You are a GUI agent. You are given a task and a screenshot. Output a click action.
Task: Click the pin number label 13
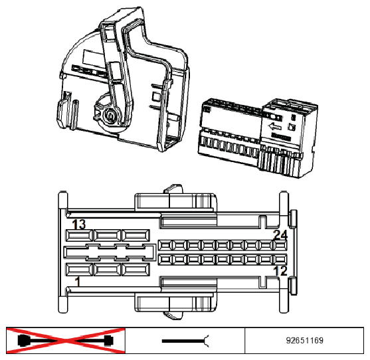click(79, 224)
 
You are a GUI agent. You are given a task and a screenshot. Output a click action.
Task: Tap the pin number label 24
click(280, 234)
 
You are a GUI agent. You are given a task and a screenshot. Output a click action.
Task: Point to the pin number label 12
click(280, 270)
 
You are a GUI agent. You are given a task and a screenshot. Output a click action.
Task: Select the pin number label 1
click(78, 282)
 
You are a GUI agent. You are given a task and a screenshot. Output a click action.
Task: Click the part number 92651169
click(304, 341)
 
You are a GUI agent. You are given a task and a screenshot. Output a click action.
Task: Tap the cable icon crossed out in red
click(66, 341)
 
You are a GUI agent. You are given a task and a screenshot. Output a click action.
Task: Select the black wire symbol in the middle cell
click(185, 341)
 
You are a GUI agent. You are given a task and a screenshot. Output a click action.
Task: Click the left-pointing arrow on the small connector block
click(274, 127)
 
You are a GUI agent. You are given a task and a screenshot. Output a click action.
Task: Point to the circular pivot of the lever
click(110, 116)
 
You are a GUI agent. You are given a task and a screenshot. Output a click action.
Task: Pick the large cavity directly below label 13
click(79, 235)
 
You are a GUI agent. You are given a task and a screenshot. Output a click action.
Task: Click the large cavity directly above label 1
click(79, 270)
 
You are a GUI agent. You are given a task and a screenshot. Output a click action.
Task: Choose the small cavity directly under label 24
click(280, 246)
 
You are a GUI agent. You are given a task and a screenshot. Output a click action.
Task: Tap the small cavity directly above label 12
click(280, 260)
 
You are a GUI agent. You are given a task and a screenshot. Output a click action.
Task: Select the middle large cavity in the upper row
click(108, 235)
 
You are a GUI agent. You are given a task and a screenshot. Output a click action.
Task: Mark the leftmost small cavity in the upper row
click(165, 246)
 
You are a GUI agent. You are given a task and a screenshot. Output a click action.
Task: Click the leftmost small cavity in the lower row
click(165, 260)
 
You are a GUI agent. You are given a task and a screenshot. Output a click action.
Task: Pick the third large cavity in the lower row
click(136, 270)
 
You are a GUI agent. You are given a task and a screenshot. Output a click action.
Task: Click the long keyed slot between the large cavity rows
click(110, 252)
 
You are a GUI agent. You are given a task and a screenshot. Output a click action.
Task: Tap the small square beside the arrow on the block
click(292, 128)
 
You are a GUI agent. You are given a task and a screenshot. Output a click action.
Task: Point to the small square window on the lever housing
click(155, 96)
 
